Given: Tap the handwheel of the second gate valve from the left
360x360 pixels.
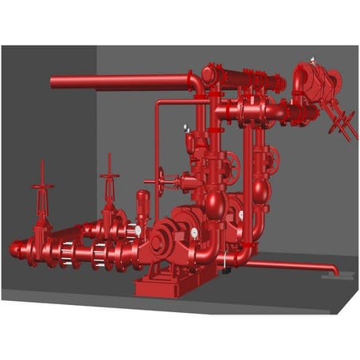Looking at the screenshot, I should (x=109, y=176).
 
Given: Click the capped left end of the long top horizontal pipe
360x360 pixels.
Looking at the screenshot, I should (x=53, y=82).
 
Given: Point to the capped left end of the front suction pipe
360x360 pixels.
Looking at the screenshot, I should (x=14, y=250).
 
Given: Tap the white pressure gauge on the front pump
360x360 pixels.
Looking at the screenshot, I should (x=194, y=233).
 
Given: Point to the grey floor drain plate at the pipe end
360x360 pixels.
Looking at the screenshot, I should (x=329, y=277).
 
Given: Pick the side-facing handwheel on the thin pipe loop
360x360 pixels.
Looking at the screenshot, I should (x=161, y=180).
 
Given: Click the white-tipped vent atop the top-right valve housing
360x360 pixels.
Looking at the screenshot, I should (x=312, y=59).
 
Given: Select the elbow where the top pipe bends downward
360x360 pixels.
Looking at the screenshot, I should (x=195, y=80).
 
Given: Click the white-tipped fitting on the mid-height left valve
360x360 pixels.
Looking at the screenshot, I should (x=186, y=127).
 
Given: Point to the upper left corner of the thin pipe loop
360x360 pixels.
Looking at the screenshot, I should (x=157, y=104).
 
